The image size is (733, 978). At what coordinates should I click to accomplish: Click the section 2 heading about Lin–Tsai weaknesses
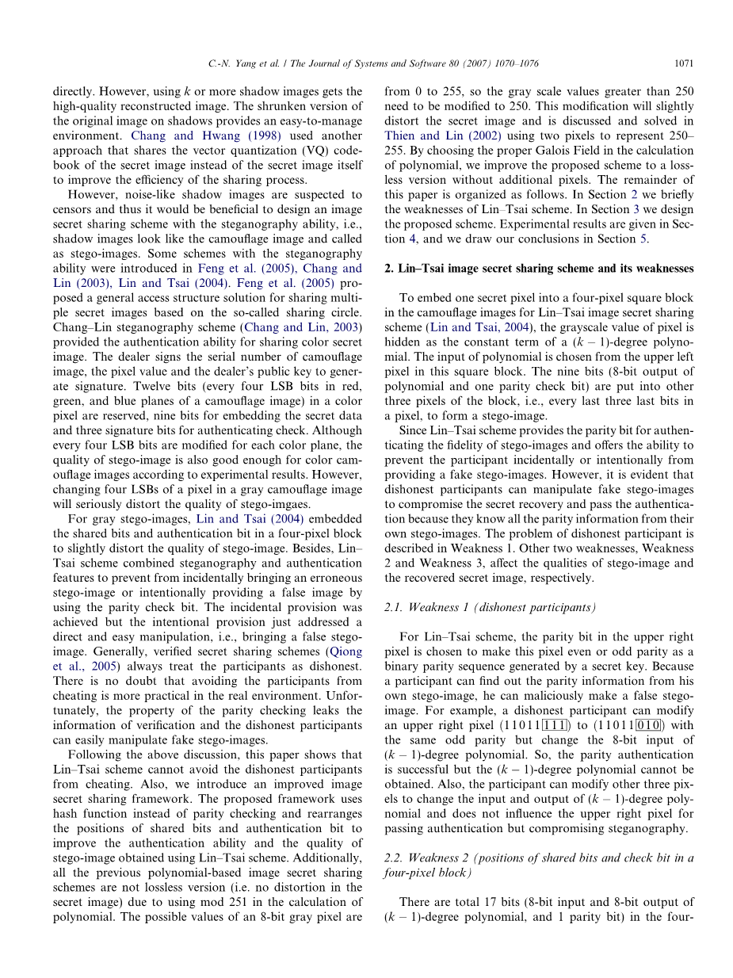[x=539, y=269]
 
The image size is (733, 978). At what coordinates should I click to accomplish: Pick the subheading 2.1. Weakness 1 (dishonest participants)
[x=489, y=607]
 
